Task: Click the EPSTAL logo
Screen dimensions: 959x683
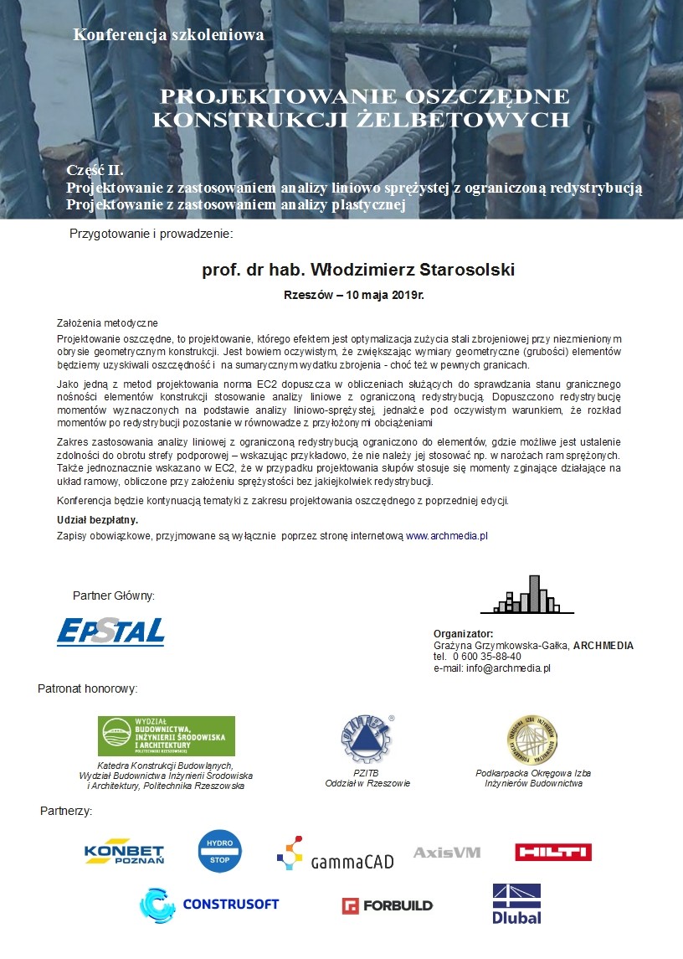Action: tap(110, 632)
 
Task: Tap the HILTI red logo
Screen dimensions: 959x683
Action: tap(553, 852)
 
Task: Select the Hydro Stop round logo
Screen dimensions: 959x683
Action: tap(219, 851)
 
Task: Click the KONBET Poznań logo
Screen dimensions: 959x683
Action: tap(124, 853)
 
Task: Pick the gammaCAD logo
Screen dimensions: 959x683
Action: tap(335, 854)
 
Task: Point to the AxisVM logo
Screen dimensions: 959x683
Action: tap(447, 853)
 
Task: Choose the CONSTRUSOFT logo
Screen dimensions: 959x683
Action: tap(209, 905)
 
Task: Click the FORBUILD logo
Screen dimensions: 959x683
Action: tap(387, 905)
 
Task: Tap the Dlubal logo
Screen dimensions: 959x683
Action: tap(516, 904)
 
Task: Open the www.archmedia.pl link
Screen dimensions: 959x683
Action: tap(447, 534)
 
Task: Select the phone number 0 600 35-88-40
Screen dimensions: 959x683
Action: tap(486, 657)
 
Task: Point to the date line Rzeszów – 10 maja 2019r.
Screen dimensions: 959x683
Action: tap(359, 296)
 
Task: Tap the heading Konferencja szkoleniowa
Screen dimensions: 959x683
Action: tap(168, 35)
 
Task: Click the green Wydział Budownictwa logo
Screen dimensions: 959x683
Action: tap(167, 736)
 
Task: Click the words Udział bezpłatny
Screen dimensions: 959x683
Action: tap(97, 520)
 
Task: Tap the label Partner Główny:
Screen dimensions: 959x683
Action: tap(114, 596)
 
